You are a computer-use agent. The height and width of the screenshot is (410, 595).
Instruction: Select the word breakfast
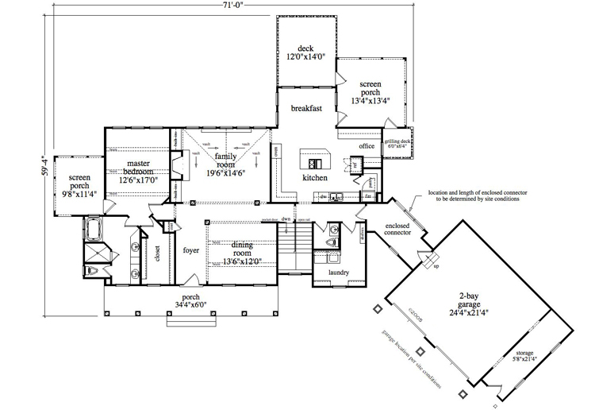[x=305, y=109]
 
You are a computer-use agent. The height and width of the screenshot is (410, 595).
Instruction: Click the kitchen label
[x=314, y=178]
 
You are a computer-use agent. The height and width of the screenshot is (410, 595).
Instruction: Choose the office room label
[x=366, y=146]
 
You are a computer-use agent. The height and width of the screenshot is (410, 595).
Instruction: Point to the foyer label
[x=191, y=250]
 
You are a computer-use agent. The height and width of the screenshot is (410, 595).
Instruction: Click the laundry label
[x=328, y=273]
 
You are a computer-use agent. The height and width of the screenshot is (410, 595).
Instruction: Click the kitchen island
[x=314, y=157]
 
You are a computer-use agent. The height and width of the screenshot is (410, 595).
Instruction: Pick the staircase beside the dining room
[x=295, y=236]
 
